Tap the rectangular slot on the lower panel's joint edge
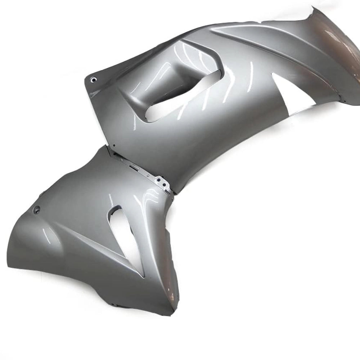click(x=133, y=168)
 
